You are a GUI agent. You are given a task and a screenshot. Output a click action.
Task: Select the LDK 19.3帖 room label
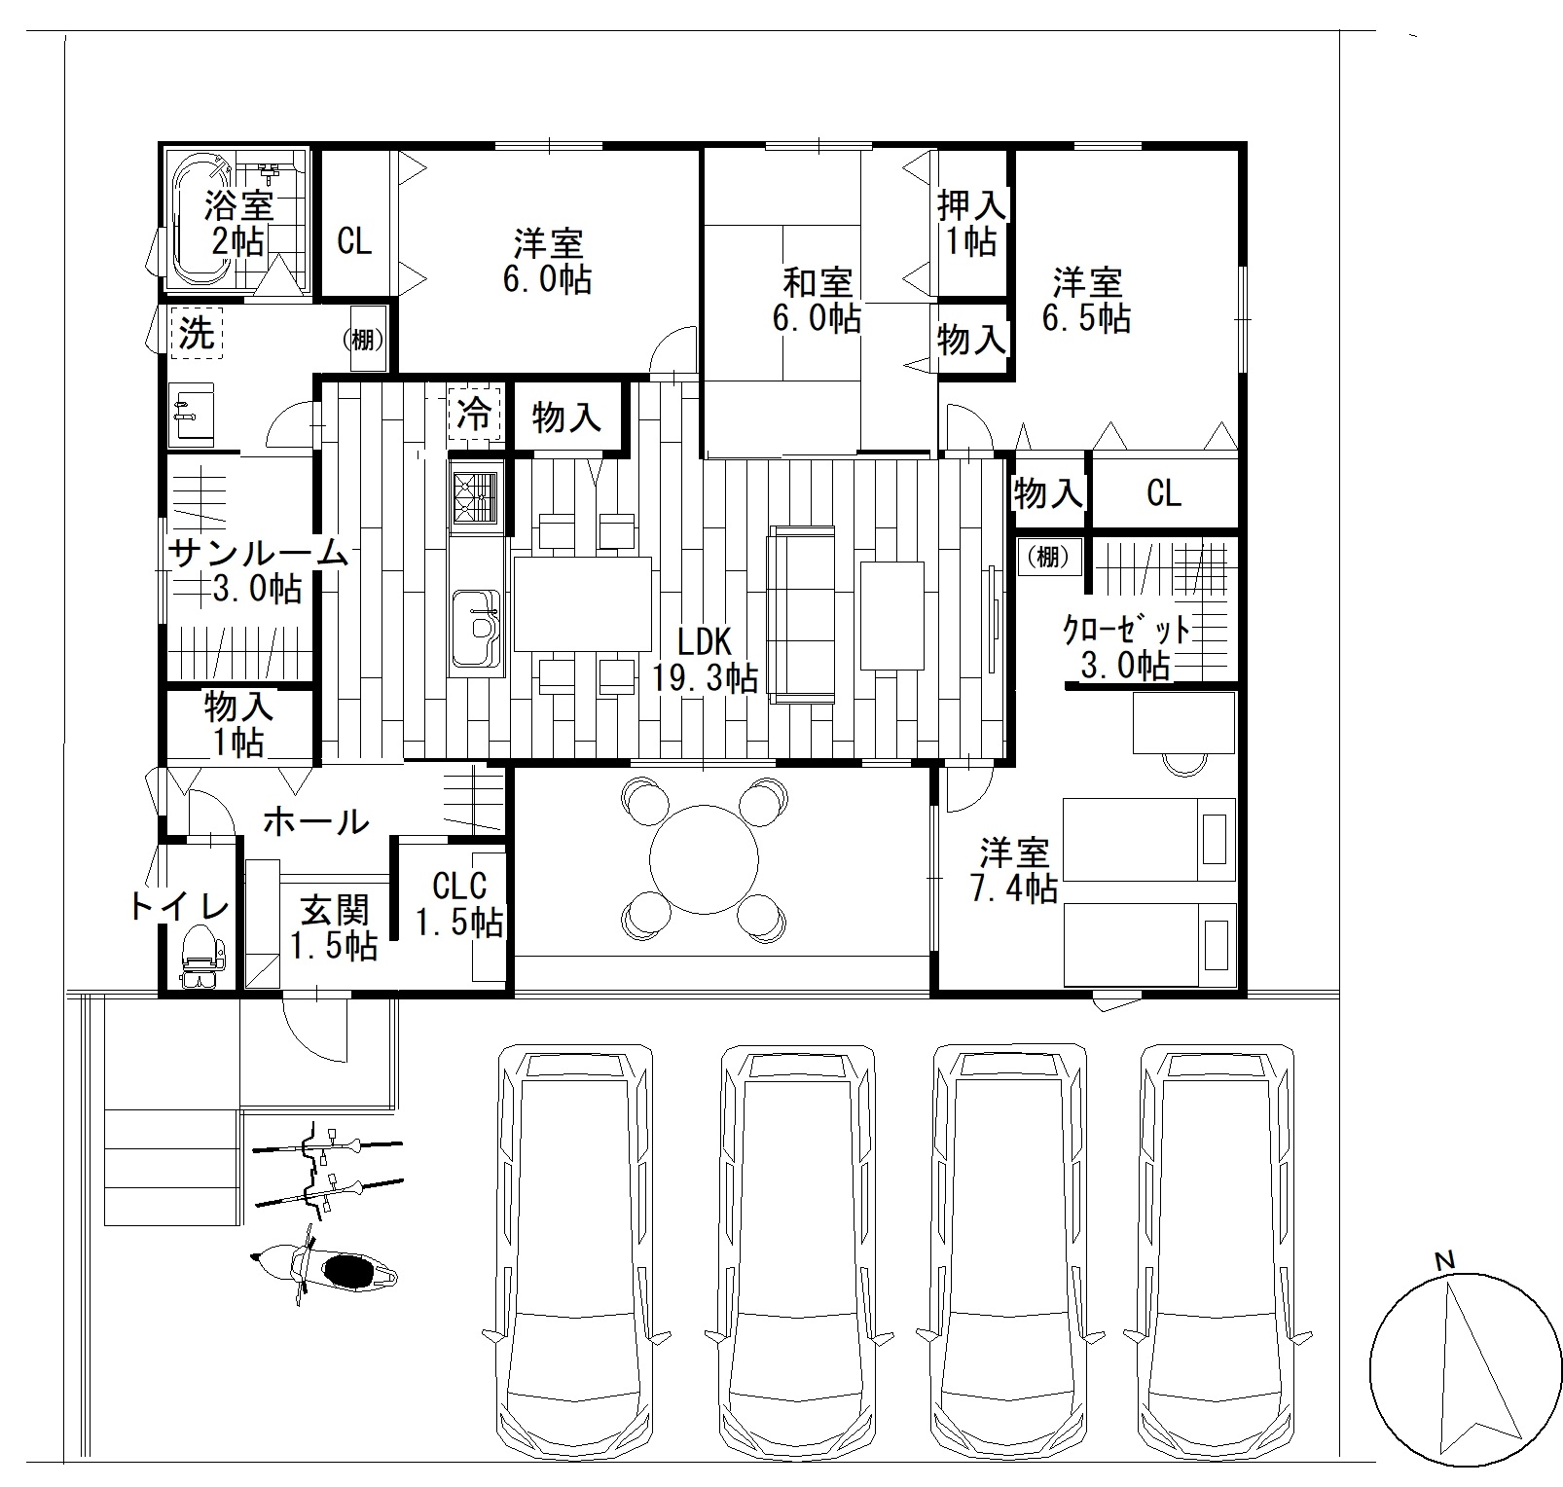[705, 659]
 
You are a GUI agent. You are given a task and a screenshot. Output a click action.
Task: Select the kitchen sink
[476, 628]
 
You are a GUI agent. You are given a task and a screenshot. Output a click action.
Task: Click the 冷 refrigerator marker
[474, 415]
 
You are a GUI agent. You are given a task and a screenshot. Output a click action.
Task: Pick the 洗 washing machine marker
[198, 334]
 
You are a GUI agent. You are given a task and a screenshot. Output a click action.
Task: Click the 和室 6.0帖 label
[817, 301]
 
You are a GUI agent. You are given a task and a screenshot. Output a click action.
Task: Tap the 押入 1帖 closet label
[971, 223]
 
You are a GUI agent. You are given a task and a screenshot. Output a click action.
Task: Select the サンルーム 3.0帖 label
[258, 570]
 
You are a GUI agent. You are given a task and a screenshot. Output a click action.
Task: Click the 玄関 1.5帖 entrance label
[334, 927]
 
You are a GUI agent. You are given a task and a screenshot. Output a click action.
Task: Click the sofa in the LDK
[802, 614]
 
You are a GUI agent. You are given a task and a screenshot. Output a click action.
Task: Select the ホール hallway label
[316, 821]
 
